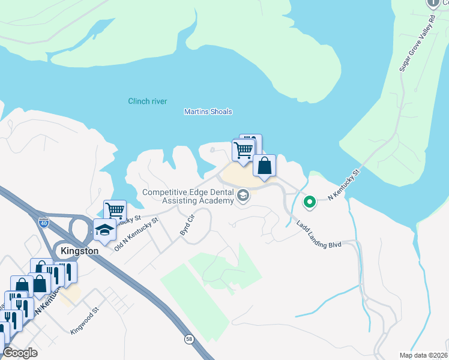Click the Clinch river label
(148, 101)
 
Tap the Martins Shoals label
(208, 112)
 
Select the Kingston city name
(80, 250)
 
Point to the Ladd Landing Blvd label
(318, 235)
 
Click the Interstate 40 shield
(44, 223)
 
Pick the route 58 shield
(190, 339)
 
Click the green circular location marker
(309, 202)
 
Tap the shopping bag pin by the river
(264, 166)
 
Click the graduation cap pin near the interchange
(104, 229)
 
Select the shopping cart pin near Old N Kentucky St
(115, 211)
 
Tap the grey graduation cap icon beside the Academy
(243, 196)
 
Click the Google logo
(20, 353)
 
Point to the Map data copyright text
(422, 355)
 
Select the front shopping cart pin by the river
(243, 150)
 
